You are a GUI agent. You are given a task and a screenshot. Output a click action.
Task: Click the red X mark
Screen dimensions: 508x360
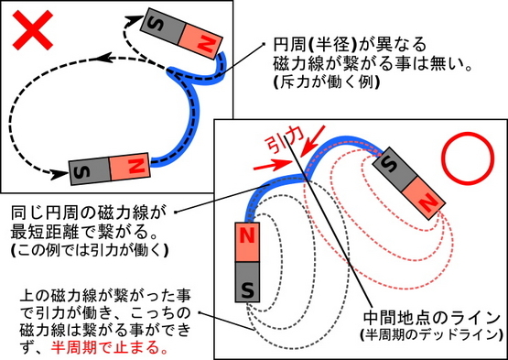click(x=32, y=30)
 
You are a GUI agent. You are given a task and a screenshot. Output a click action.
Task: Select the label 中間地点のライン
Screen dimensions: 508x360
click(x=432, y=318)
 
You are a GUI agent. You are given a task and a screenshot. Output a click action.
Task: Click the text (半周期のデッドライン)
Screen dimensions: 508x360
click(x=432, y=335)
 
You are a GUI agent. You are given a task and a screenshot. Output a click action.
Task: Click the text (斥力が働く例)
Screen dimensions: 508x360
click(x=327, y=82)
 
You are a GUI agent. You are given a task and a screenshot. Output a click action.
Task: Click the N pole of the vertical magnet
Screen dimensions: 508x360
click(x=247, y=242)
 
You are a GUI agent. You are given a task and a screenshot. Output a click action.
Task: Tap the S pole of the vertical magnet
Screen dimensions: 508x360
click(x=247, y=282)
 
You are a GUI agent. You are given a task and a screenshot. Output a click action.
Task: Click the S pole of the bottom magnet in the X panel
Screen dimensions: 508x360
click(x=90, y=171)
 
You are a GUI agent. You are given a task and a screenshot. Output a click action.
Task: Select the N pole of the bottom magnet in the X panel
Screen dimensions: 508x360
click(x=130, y=166)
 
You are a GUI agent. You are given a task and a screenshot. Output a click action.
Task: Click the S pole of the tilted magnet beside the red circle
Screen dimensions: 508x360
click(x=395, y=167)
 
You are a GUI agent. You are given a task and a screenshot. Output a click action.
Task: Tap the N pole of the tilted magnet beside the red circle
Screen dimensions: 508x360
click(x=425, y=199)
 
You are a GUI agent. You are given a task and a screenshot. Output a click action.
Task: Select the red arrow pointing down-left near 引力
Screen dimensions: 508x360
click(x=312, y=141)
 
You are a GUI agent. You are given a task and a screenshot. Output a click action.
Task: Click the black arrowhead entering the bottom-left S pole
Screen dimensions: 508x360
click(x=59, y=175)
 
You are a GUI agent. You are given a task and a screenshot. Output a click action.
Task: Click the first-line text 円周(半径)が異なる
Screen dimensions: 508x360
click(x=349, y=45)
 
